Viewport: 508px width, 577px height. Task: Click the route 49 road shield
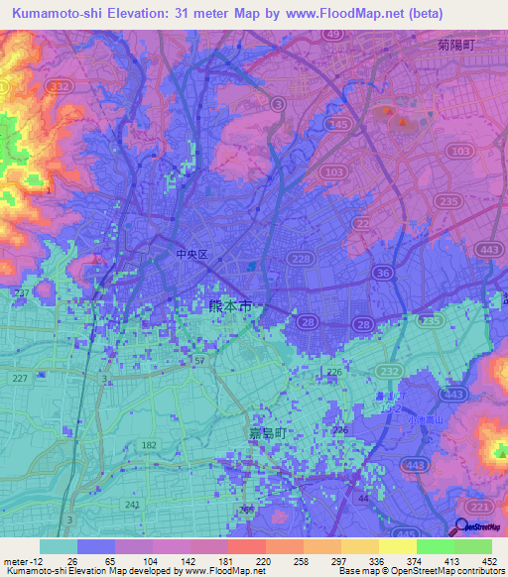click(x=333, y=35)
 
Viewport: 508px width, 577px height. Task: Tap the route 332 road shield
click(x=63, y=89)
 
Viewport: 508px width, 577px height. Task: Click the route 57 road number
click(x=198, y=361)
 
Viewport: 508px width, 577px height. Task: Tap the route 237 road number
click(x=21, y=293)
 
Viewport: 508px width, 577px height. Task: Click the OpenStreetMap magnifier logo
click(x=462, y=528)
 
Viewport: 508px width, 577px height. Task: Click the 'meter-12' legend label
click(x=21, y=562)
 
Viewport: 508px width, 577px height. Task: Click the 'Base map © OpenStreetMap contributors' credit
click(x=420, y=572)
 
